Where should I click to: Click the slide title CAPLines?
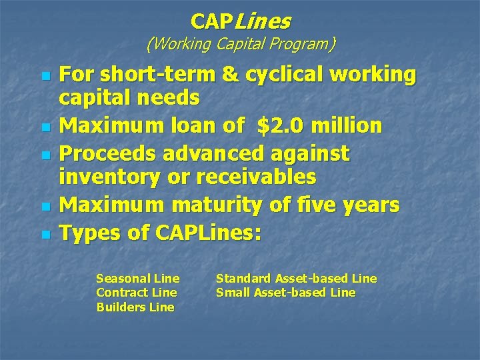(x=240, y=21)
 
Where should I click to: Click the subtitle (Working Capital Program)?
(x=240, y=45)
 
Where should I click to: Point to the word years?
(x=369, y=205)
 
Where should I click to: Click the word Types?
(x=89, y=233)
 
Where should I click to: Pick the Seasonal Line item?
(x=138, y=279)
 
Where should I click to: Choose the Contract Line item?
(x=137, y=293)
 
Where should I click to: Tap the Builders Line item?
(x=135, y=307)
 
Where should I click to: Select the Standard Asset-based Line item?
(x=296, y=279)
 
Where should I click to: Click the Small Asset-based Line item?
(x=285, y=293)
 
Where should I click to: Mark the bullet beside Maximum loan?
(x=45, y=125)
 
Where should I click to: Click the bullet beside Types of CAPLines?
(x=45, y=234)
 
